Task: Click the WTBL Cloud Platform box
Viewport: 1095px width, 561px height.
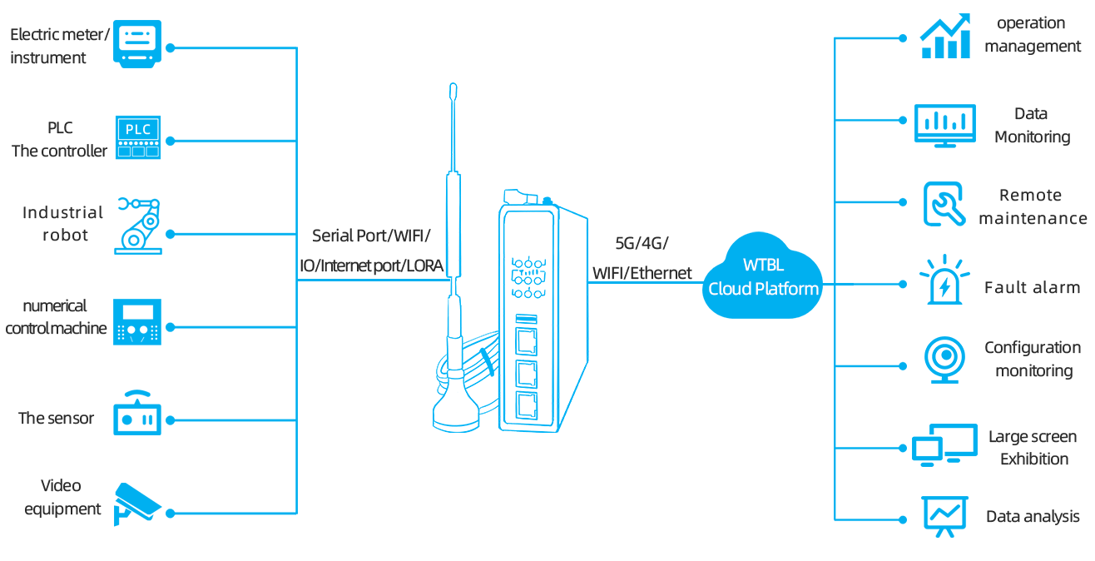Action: click(762, 276)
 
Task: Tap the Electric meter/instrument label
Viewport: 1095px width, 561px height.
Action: click(59, 46)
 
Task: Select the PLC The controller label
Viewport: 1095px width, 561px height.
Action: click(60, 140)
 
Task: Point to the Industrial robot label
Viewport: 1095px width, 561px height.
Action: click(63, 224)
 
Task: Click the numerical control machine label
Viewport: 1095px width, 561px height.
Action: click(56, 317)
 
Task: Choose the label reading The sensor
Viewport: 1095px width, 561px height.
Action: click(57, 418)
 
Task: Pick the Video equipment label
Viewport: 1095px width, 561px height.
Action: click(63, 497)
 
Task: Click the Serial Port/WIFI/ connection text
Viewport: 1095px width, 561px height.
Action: click(371, 236)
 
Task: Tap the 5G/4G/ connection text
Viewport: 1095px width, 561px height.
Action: click(641, 245)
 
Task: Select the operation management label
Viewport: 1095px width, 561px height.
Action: click(1032, 35)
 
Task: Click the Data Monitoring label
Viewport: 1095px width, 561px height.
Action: click(1032, 126)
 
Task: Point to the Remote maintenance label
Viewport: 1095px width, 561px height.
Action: click(1032, 207)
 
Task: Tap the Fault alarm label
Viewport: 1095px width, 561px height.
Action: click(1032, 287)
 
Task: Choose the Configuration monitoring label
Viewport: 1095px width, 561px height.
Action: click(1033, 360)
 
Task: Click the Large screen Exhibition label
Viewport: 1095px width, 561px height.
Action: click(1033, 448)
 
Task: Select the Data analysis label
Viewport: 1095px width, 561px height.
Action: click(1033, 517)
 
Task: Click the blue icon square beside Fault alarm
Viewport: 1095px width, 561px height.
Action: click(944, 279)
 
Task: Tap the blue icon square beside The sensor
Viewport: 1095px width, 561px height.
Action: click(137, 412)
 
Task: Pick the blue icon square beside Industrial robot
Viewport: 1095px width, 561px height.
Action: click(137, 226)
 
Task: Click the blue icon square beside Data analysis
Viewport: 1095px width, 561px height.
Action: click(944, 517)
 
